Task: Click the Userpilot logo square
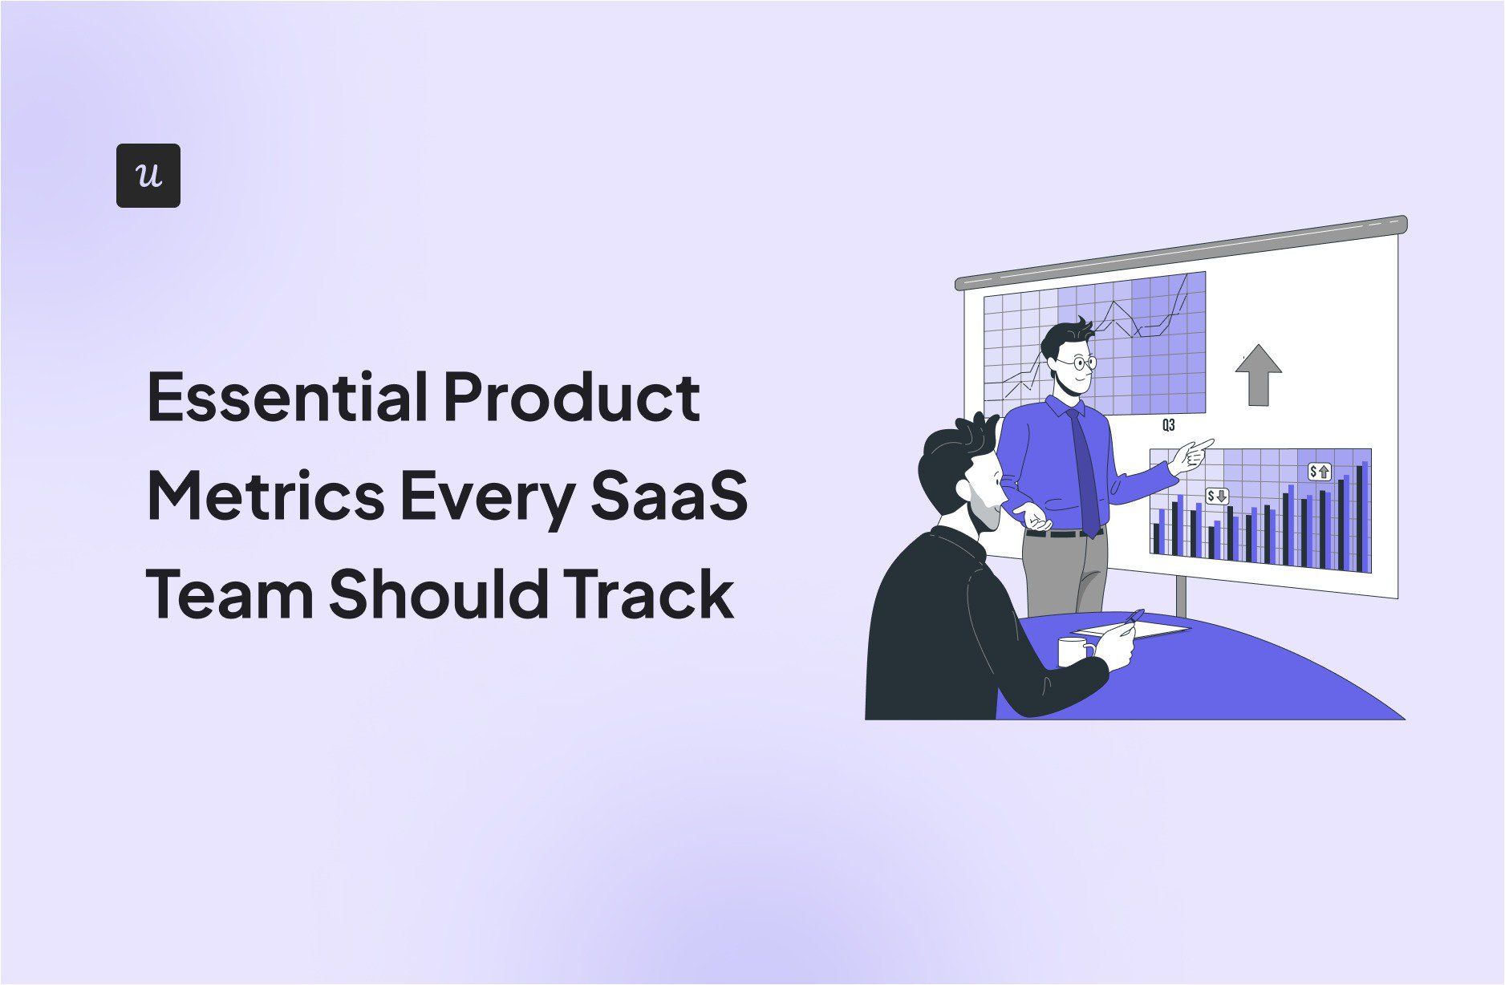pyautogui.click(x=148, y=176)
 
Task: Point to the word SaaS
pyautogui.click(x=669, y=496)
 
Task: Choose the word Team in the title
pyautogui.click(x=229, y=594)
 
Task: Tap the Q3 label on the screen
pyautogui.click(x=1168, y=425)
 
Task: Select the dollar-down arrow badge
pyautogui.click(x=1217, y=497)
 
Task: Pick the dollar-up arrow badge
pyautogui.click(x=1319, y=472)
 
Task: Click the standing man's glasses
pyautogui.click(x=1077, y=363)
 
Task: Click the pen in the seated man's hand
pyautogui.click(x=1133, y=617)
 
